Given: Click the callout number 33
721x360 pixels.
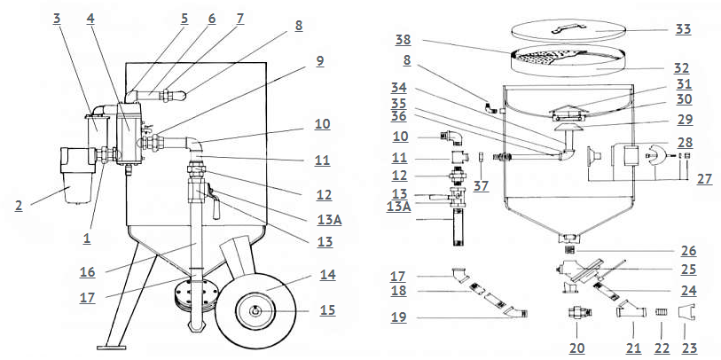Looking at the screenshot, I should pyautogui.click(x=684, y=28).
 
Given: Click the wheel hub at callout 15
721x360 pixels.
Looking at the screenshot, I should pyautogui.click(x=255, y=311).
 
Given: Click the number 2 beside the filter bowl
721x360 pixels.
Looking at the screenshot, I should pyautogui.click(x=18, y=205).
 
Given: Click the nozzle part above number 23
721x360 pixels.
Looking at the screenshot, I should pyautogui.click(x=686, y=313).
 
